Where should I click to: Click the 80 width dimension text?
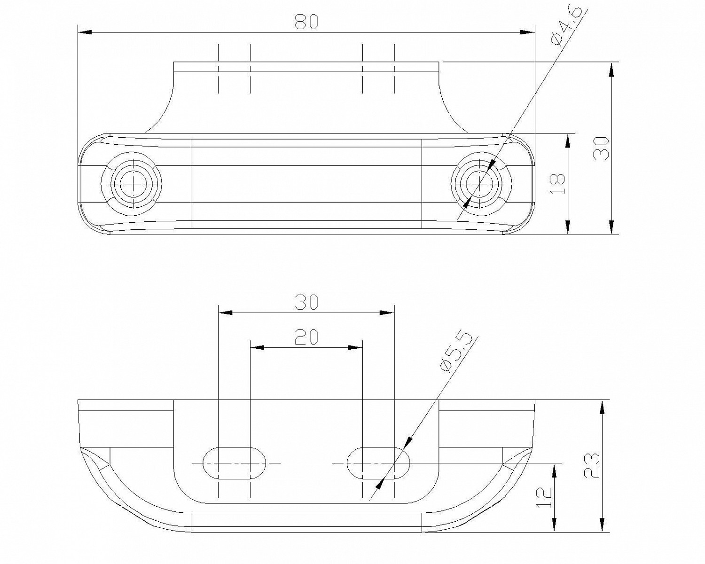pyautogui.click(x=306, y=22)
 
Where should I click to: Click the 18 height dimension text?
pyautogui.click(x=556, y=184)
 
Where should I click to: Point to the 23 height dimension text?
pyautogui.click(x=592, y=466)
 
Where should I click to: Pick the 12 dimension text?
pyautogui.click(x=544, y=499)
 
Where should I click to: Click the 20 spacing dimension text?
pyautogui.click(x=306, y=337)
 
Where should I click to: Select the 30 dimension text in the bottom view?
pyautogui.click(x=306, y=303)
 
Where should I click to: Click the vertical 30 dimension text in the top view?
pyautogui.click(x=601, y=148)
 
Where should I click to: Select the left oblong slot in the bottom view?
pyautogui.click(x=234, y=463)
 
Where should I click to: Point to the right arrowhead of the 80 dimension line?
pyautogui.click(x=528, y=32)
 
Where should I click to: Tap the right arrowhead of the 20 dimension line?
pyautogui.click(x=356, y=348)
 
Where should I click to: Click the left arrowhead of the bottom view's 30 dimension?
pyautogui.click(x=226, y=313)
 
